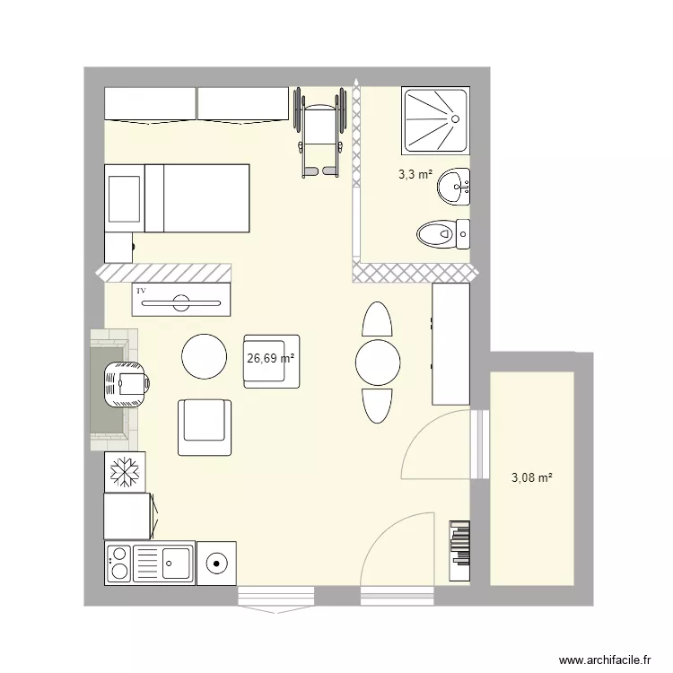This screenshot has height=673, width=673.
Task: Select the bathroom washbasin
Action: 453,188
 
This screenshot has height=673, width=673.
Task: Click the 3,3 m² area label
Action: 415,176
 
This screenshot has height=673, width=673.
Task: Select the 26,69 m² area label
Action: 271,358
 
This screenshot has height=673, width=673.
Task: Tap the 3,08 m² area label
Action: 531,478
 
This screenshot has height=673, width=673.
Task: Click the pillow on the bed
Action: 124,198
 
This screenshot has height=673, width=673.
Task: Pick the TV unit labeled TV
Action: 182,299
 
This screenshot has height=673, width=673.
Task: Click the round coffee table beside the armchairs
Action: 205,356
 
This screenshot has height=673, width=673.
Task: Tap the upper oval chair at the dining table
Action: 376,319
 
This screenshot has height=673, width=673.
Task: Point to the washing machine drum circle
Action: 216,564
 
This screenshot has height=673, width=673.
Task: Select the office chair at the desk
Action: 127,385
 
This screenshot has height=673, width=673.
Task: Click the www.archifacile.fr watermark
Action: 603,660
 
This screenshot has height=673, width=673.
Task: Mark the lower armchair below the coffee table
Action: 205,427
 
